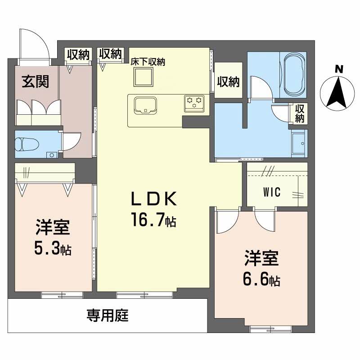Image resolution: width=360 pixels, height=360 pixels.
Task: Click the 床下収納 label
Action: [x=148, y=62]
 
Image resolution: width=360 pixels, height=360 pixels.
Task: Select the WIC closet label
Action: [x=272, y=192]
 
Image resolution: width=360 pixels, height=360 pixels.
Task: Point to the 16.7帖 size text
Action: [x=153, y=220]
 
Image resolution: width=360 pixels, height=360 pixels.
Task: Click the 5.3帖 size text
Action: [x=53, y=248]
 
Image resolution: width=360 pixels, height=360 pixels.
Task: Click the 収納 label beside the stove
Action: [x=229, y=82]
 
